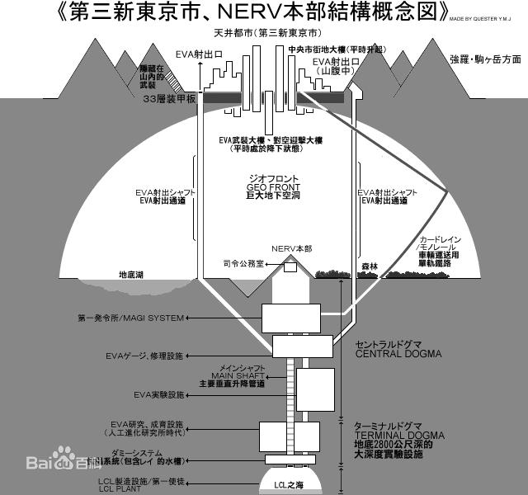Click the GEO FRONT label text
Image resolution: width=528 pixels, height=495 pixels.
[x=272, y=187]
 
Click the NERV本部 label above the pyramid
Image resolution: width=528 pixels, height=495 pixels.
[x=291, y=247]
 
